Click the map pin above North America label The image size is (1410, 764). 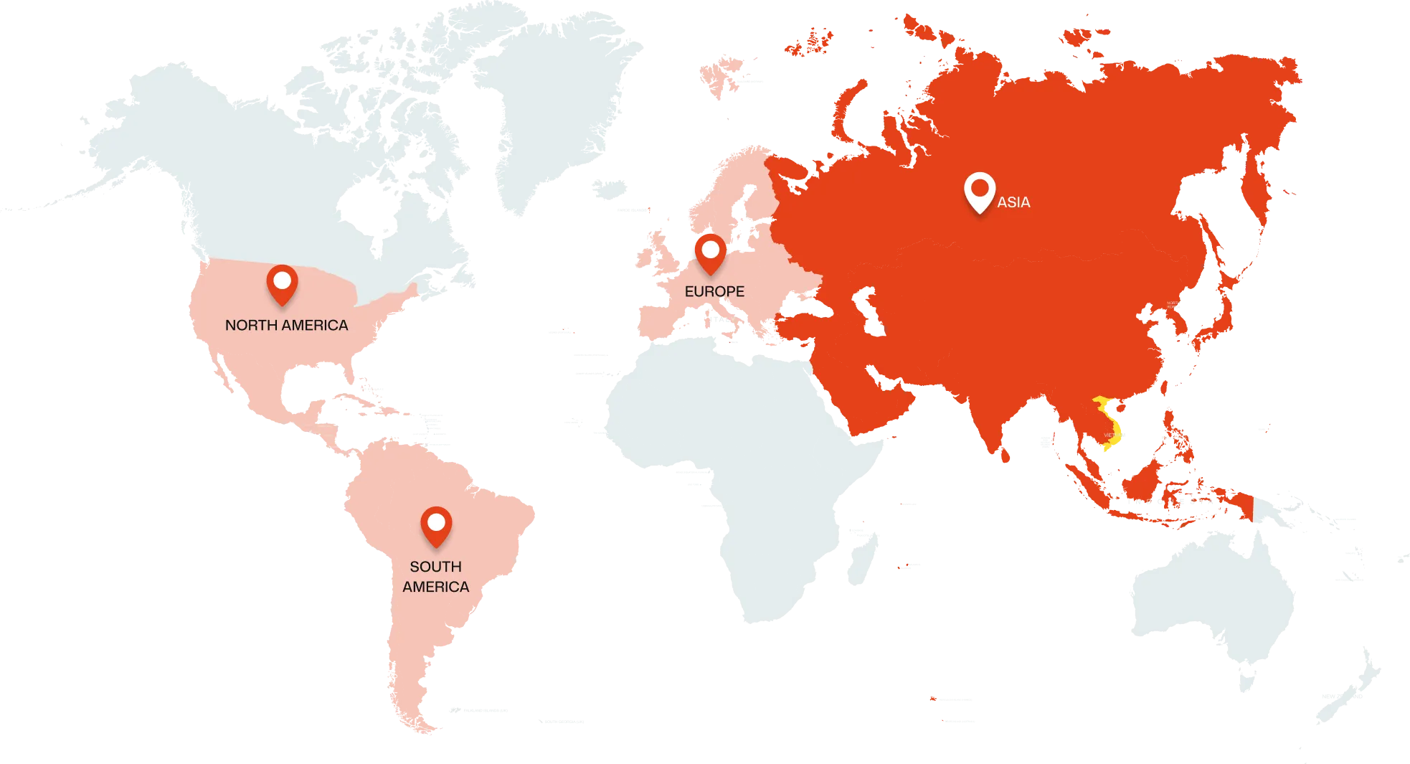click(x=282, y=283)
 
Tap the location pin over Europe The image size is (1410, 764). click(x=710, y=253)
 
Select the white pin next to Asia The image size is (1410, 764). click(x=979, y=191)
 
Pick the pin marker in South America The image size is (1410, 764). click(x=435, y=525)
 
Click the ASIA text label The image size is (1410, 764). click(x=1013, y=202)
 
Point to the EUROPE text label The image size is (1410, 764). click(x=714, y=291)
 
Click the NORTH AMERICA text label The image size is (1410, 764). click(x=286, y=325)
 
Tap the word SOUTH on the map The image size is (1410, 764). click(x=435, y=566)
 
